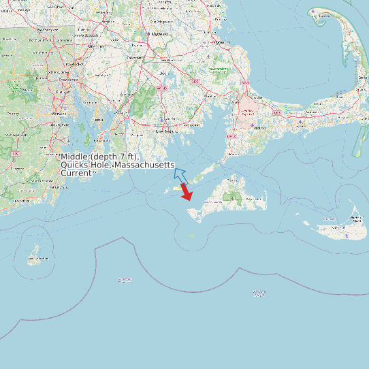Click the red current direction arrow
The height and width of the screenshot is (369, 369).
186,193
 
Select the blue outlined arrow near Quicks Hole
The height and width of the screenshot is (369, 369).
180,172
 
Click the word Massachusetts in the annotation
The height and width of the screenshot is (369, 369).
144,165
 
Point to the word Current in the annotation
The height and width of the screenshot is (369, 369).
76,173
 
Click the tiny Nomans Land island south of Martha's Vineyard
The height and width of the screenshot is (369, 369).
192,236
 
